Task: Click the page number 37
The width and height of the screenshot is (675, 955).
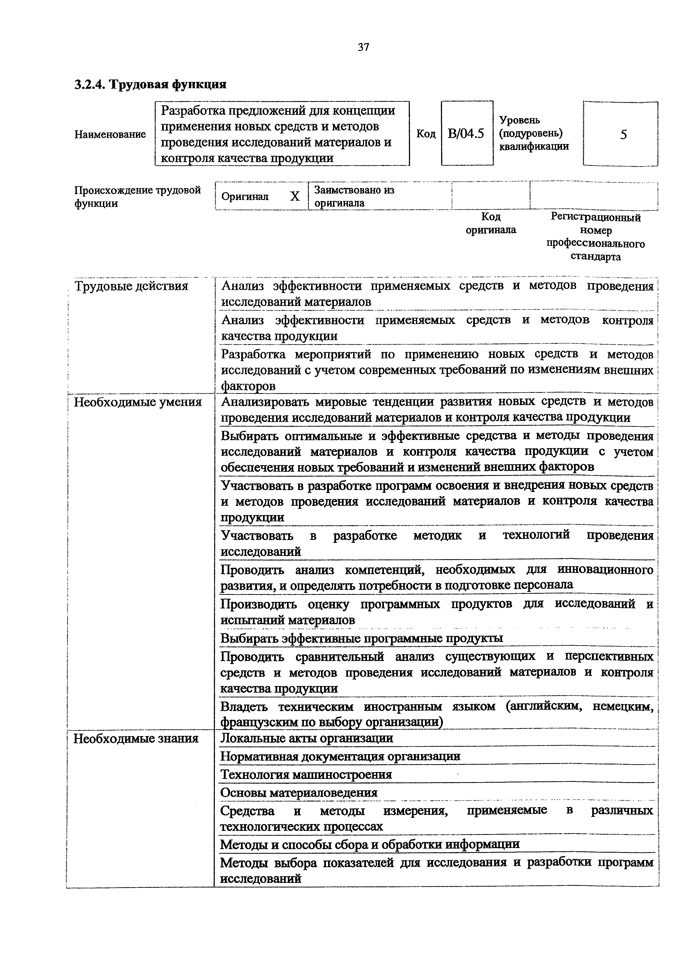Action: (x=363, y=47)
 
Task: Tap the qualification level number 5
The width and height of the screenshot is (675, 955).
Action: (x=623, y=134)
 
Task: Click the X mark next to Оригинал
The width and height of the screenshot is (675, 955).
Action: (x=295, y=196)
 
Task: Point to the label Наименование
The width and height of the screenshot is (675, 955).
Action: (x=110, y=134)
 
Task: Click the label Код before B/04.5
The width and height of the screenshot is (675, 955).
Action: (x=426, y=134)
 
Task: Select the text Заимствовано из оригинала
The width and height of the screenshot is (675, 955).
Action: (x=354, y=196)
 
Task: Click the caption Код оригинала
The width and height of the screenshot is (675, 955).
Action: (x=491, y=223)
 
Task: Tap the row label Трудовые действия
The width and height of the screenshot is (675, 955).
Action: (x=131, y=286)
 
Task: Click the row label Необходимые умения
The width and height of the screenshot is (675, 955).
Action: (x=138, y=402)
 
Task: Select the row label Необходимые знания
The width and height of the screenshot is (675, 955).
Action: (x=136, y=738)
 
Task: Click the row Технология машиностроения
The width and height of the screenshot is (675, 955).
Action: (x=306, y=775)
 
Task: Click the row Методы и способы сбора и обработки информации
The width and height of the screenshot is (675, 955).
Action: (x=370, y=844)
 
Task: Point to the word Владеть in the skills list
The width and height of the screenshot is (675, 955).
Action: (x=244, y=707)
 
